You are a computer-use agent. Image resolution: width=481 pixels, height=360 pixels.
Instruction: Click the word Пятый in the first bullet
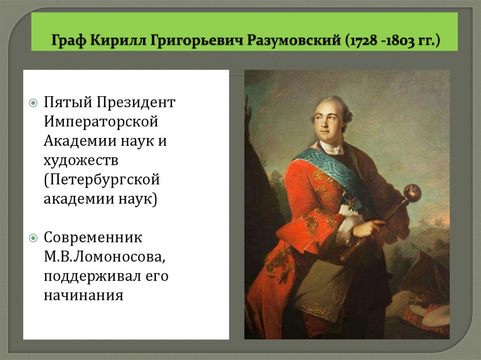[x=67, y=102]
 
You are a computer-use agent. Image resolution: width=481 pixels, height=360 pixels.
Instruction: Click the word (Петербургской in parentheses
[x=102, y=180]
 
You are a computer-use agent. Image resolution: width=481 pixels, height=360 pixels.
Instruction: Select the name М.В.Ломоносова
[x=104, y=257]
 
